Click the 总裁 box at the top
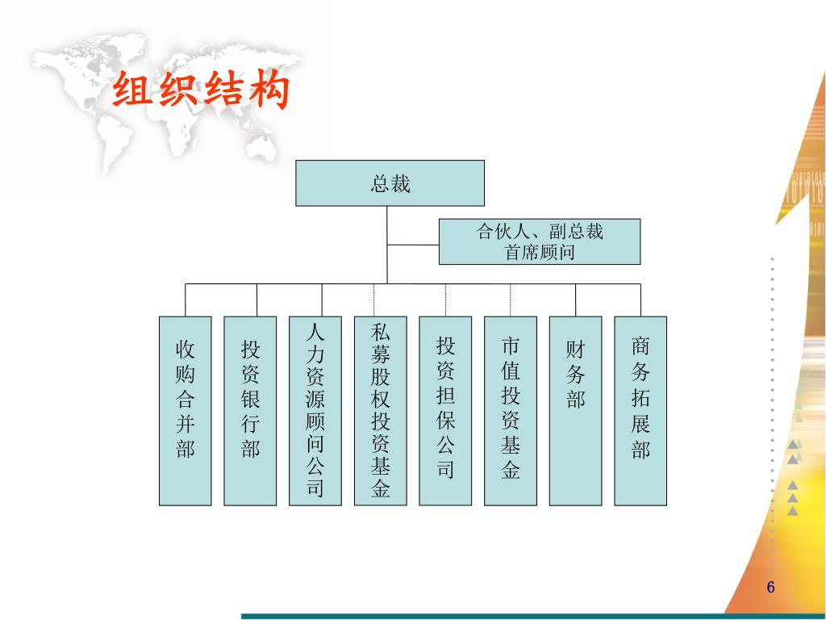390,183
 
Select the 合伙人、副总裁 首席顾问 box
539,241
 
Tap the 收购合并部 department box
186,410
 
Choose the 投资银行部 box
250,410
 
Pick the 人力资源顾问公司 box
315,410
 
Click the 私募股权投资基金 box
380,410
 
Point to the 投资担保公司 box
445,410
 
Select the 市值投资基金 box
510,410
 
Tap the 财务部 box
575,410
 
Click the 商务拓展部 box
640,410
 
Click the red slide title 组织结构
201,90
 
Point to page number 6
770,588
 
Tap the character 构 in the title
269,90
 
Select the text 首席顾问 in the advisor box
540,253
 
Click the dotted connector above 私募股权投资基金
373,300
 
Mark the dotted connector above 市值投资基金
510,300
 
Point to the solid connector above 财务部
575,300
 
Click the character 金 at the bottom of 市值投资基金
510,471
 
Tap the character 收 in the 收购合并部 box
186,350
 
